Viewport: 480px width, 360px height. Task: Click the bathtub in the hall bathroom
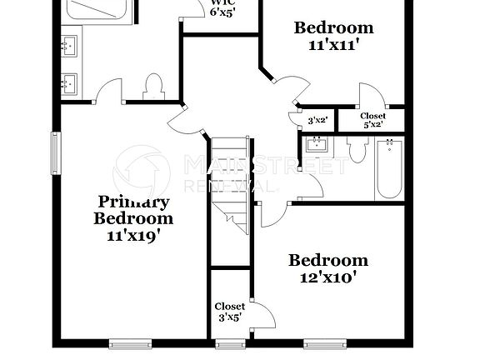point(388,169)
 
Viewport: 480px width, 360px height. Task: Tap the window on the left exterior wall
point(56,154)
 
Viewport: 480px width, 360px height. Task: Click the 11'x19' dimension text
point(133,236)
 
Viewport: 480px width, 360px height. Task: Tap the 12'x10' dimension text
point(328,277)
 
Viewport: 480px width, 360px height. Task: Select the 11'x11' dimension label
point(333,47)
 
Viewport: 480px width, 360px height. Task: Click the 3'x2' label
point(318,120)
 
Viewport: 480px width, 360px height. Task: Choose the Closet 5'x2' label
point(372,120)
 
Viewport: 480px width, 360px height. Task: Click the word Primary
point(134,202)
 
